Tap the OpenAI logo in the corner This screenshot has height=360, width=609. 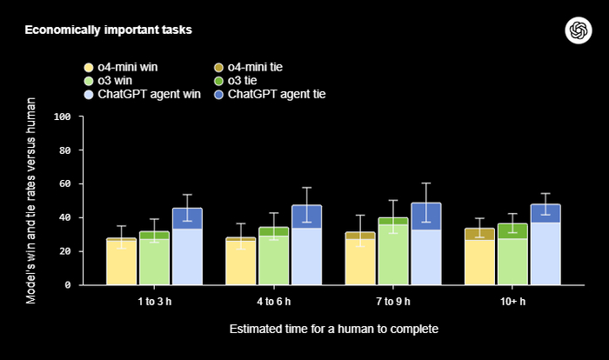577,30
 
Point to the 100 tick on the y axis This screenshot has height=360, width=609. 62,117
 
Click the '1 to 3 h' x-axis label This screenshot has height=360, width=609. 154,300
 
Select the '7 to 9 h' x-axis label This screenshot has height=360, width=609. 392,300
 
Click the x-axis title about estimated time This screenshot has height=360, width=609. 333,330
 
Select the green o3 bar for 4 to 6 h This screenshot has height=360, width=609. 273,260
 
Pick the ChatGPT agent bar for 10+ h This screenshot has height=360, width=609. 545,253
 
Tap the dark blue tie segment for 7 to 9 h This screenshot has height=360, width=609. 425,217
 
